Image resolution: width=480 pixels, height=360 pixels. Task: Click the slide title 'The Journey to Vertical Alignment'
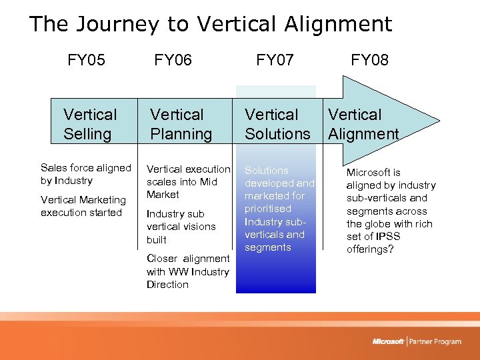point(211,25)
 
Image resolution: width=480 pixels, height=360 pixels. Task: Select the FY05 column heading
point(86,61)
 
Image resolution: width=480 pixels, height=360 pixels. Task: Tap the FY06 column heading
point(173,61)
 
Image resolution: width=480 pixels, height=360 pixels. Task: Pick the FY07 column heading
point(275,61)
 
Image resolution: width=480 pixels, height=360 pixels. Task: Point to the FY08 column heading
point(370,61)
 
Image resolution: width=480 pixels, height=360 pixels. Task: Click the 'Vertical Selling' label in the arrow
point(89,124)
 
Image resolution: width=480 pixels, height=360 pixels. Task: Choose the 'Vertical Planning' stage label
point(181,124)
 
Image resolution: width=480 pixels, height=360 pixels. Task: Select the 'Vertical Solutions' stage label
point(277,124)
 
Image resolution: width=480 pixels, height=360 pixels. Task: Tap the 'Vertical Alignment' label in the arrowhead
point(363,124)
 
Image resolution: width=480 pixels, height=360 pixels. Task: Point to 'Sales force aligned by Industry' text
point(85,174)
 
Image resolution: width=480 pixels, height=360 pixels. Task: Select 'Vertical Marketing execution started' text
point(83,206)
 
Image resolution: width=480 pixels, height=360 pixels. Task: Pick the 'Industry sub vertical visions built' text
point(181,227)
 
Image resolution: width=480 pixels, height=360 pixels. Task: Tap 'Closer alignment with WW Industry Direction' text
point(187,271)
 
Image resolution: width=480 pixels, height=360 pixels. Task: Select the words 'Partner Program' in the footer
point(436,341)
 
